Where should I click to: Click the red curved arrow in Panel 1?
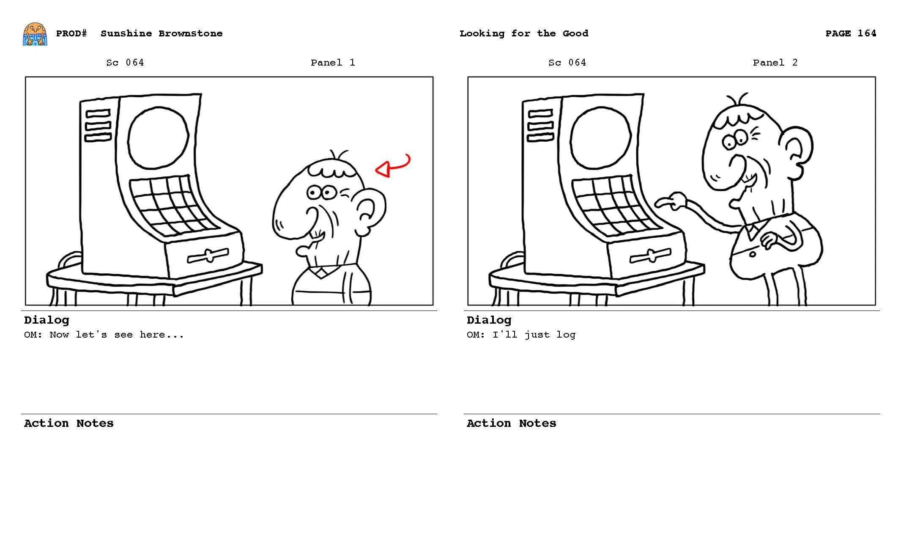coord(393,166)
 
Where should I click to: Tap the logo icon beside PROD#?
coord(35,34)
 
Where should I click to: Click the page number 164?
coord(867,33)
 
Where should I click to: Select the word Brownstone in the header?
coord(190,33)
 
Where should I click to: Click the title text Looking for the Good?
coord(523,33)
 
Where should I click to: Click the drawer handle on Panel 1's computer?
coord(208,256)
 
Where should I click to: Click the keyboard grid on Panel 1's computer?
coord(169,205)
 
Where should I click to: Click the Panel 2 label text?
coord(775,63)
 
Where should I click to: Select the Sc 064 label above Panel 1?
coord(125,63)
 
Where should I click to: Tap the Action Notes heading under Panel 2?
coord(511,423)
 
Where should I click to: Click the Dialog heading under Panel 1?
coord(47,320)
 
